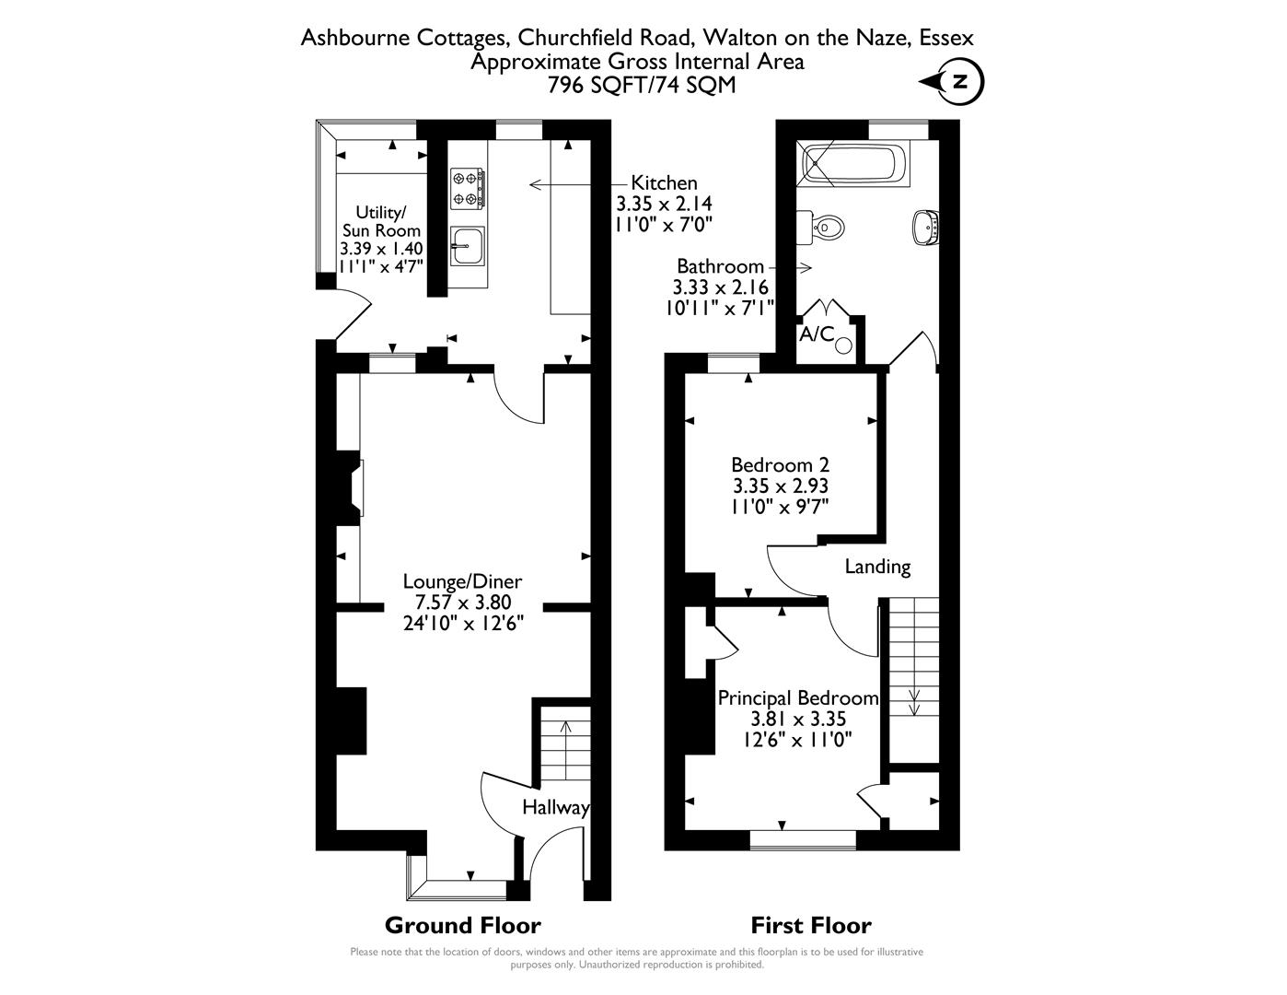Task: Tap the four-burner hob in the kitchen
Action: tap(468, 187)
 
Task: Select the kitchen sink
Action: tap(468, 245)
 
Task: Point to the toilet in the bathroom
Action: tap(825, 227)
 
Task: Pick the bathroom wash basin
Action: tap(924, 227)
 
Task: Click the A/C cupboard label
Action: tap(817, 334)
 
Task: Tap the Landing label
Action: tap(877, 567)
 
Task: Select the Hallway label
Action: tap(555, 808)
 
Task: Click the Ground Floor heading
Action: tap(462, 925)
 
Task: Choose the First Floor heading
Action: tap(810, 925)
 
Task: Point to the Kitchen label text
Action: tap(663, 183)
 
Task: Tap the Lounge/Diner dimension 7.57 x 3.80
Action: tap(462, 603)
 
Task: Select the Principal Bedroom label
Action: tap(797, 698)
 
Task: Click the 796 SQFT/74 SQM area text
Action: tap(642, 85)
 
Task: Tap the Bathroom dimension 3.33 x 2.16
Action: tap(721, 287)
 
